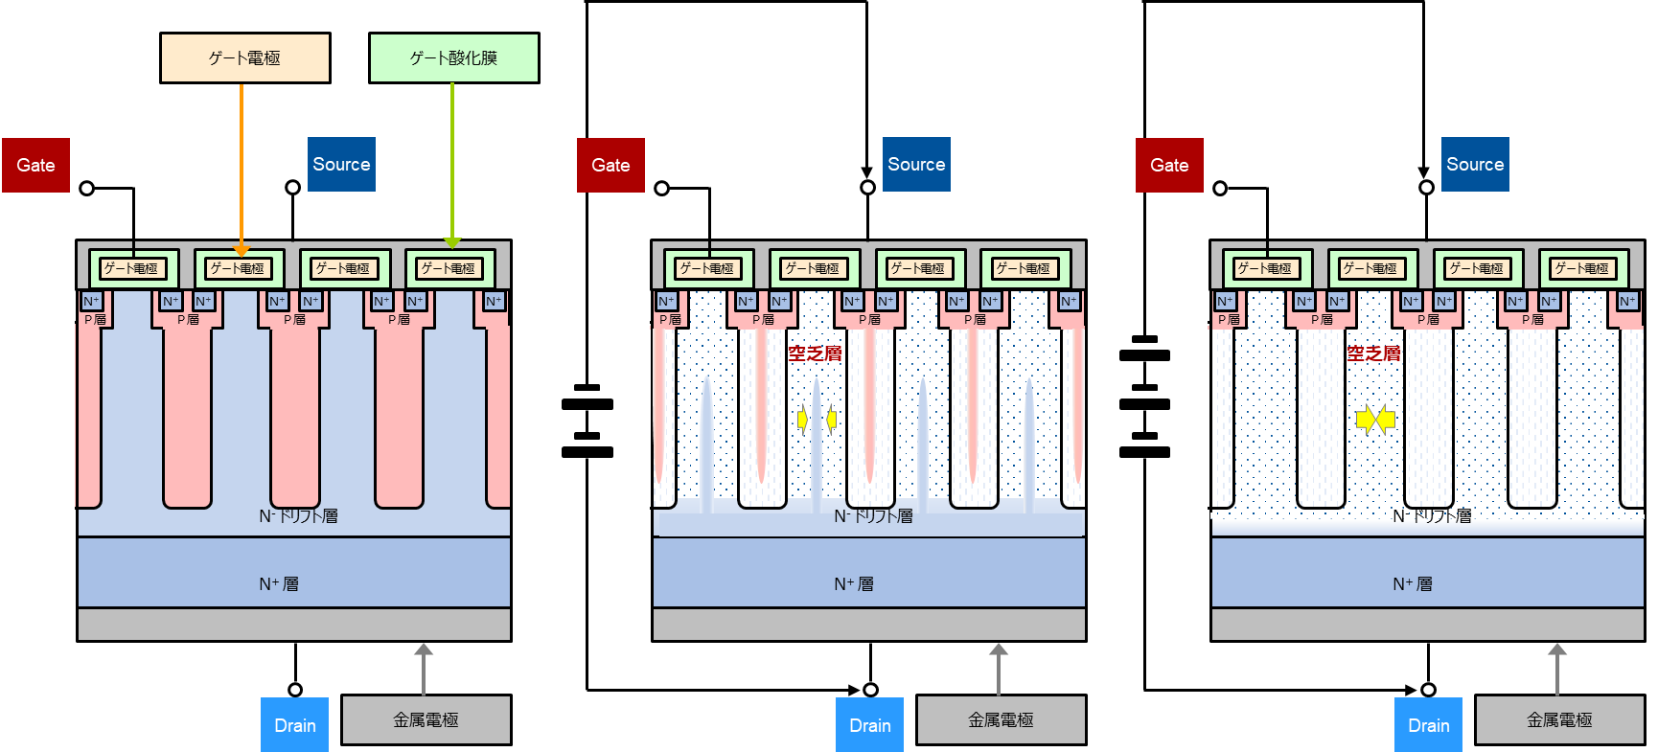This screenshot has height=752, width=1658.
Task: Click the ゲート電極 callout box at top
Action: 244,58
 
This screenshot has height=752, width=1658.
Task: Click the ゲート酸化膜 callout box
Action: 453,58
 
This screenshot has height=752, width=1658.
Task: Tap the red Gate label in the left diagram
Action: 35,165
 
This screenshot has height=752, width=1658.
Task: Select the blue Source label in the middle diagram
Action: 916,164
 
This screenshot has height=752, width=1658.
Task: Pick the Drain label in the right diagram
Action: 1428,725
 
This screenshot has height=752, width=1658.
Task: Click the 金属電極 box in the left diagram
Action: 426,719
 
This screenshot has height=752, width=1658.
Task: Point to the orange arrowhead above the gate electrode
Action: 242,251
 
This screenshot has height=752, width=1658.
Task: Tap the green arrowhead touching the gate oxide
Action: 452,242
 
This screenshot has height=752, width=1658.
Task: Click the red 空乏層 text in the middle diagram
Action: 815,353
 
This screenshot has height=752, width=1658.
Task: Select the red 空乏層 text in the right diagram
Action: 1373,353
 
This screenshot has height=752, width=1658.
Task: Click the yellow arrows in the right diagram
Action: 1375,420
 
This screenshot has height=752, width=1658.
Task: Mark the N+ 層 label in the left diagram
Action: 279,583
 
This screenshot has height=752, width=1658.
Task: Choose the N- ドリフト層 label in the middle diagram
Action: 873,516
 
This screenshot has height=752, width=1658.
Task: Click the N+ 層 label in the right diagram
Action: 1413,583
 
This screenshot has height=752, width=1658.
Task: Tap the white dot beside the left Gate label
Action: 87,189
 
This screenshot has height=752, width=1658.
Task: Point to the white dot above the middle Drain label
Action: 870,690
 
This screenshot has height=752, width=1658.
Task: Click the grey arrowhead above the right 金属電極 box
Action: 1557,649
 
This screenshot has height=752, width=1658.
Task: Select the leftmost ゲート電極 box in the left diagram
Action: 132,269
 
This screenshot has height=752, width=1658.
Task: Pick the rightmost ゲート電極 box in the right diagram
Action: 1582,269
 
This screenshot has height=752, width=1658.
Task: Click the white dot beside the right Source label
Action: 1426,188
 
